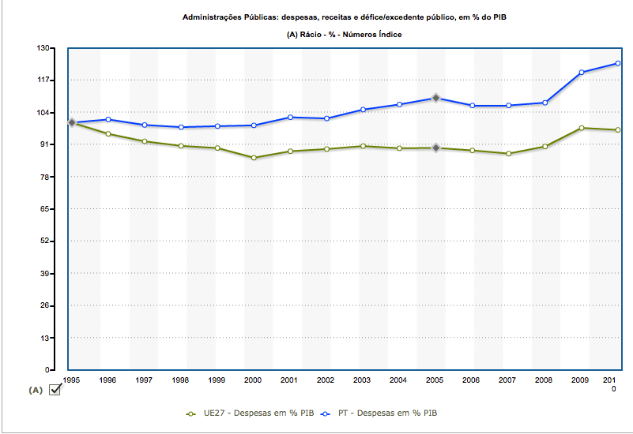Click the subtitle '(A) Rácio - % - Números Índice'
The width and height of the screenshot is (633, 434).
345,34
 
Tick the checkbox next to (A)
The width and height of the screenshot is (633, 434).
55,390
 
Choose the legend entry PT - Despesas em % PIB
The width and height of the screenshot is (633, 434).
387,413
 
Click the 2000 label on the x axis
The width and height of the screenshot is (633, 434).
253,380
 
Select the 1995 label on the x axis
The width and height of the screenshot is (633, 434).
72,380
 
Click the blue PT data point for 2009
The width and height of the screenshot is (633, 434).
581,73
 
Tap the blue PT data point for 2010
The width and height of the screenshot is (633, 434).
617,63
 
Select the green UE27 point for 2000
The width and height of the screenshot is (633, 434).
254,158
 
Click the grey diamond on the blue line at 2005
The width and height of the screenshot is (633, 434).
435,98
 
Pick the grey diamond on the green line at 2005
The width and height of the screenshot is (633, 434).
435,148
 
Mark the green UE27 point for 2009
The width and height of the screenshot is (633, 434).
581,128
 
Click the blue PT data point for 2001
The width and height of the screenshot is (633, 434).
290,117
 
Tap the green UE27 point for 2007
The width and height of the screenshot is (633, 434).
508,153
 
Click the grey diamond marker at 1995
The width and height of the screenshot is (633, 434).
72,122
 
